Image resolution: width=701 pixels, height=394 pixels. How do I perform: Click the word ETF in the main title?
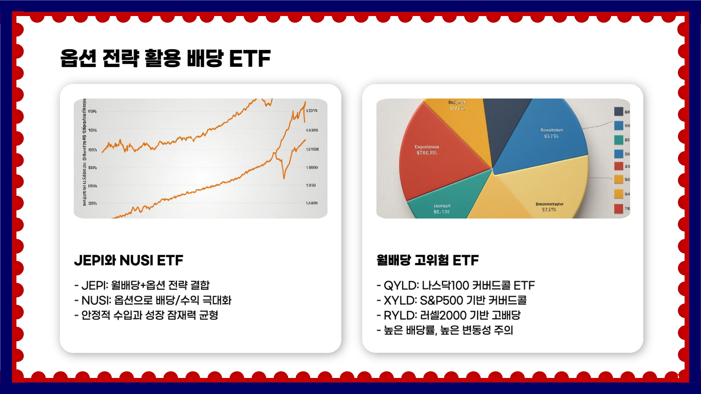click(250, 58)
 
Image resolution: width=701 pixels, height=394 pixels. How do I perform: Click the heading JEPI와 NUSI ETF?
click(129, 260)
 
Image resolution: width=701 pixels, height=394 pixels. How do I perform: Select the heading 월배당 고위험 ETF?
click(428, 260)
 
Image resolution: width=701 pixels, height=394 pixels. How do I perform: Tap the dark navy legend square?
click(618, 111)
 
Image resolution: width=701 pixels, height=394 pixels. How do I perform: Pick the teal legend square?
click(618, 140)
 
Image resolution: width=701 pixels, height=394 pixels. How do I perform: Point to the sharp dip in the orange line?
click(284, 177)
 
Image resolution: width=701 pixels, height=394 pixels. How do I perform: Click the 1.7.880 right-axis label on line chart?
click(312, 203)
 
